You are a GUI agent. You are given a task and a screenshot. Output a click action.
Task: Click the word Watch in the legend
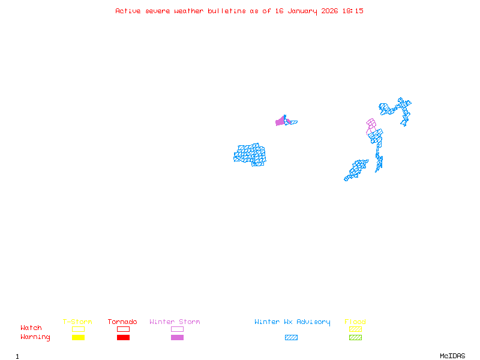click(x=31, y=328)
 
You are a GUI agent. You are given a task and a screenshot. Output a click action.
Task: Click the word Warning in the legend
click(x=35, y=337)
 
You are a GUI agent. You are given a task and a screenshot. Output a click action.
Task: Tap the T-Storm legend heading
click(x=77, y=322)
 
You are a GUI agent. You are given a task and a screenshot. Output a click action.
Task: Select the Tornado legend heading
click(x=122, y=322)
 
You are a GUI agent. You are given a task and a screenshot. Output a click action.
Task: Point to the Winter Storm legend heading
click(x=175, y=322)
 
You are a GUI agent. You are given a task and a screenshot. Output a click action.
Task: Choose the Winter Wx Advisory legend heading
click(x=292, y=322)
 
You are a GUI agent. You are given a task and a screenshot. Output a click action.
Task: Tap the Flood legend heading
click(x=355, y=322)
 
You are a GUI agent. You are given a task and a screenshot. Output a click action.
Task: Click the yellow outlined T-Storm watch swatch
click(x=78, y=329)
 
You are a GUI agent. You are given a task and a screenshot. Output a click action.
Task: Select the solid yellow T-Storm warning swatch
click(x=78, y=337)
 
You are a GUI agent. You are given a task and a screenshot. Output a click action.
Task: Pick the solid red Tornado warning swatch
click(x=123, y=337)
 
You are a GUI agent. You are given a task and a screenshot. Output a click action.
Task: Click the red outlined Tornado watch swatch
click(x=123, y=329)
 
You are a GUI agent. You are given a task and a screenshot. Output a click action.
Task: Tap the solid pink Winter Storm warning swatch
click(x=177, y=337)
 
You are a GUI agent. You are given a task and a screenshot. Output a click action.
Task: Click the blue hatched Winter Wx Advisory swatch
click(x=291, y=337)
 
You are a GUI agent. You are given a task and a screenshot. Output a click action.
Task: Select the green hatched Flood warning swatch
click(x=355, y=337)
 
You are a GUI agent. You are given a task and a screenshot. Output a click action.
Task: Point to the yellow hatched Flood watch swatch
click(x=355, y=329)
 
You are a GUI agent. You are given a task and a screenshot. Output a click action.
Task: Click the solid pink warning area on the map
click(x=280, y=121)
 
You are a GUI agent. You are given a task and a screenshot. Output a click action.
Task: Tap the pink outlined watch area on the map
click(x=371, y=125)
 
